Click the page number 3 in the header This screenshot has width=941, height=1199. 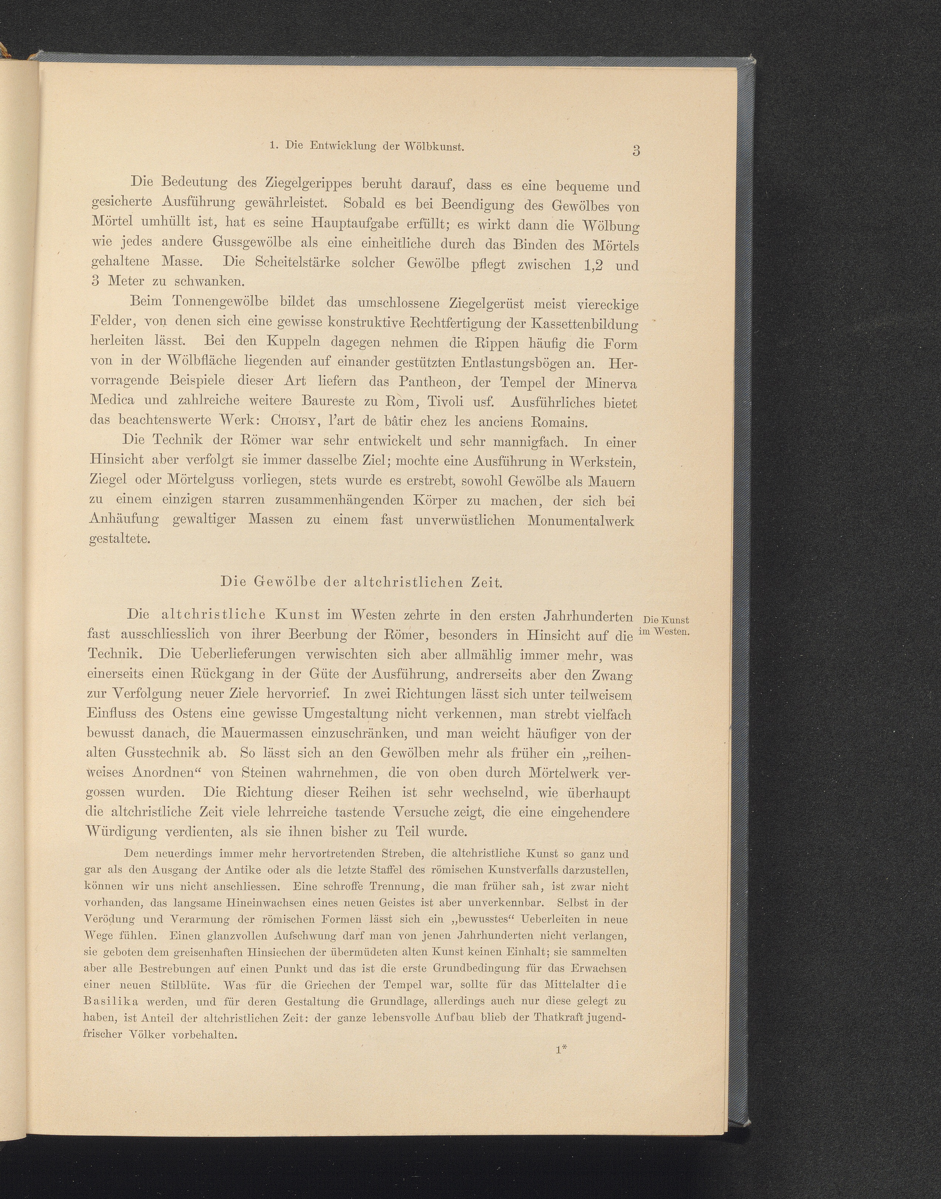tap(636, 151)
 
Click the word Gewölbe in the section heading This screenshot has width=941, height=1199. tap(274, 582)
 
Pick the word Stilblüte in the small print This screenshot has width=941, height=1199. tap(184, 985)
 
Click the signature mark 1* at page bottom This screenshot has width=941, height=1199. tap(561, 1050)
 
